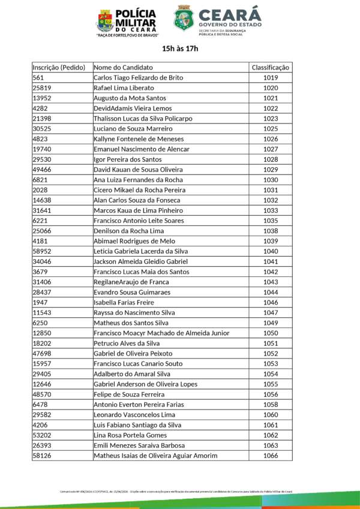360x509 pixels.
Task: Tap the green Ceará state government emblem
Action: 184,19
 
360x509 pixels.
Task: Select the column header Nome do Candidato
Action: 123,68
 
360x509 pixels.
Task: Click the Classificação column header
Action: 271,68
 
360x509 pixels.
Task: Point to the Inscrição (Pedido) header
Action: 59,68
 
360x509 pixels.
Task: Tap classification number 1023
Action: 271,119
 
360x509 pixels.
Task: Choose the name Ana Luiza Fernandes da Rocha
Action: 137,180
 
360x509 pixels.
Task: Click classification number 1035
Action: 271,221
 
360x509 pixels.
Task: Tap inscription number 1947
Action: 40,303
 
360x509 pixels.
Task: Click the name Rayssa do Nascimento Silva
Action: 134,313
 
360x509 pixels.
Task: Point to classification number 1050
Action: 271,333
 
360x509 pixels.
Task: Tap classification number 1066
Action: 271,456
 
